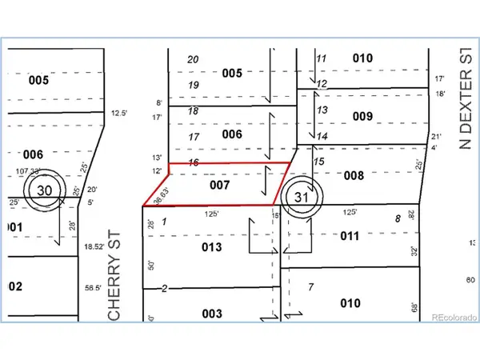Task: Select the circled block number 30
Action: point(43,190)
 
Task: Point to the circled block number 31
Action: point(301,196)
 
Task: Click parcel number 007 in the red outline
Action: point(221,185)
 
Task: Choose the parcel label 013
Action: point(211,247)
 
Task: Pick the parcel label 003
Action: point(211,314)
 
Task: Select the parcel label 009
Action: point(362,116)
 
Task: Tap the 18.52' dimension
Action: point(95,249)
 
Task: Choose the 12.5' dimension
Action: point(119,113)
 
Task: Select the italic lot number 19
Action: point(193,85)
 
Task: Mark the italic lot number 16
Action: point(193,162)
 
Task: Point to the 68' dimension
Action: point(414,307)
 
